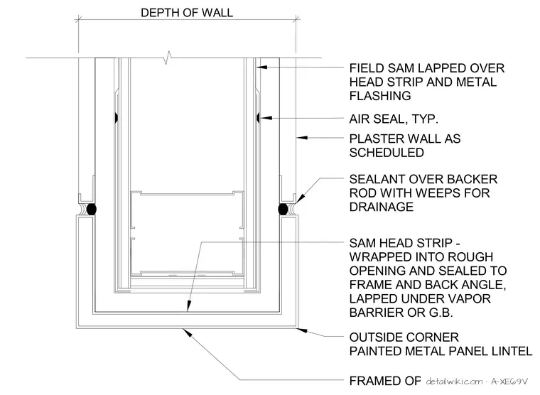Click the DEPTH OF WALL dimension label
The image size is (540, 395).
tap(187, 13)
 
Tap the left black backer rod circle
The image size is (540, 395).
tap(91, 209)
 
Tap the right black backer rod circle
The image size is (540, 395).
tap(283, 209)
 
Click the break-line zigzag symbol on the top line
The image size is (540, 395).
tap(168, 58)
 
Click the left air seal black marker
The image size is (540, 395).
tap(117, 118)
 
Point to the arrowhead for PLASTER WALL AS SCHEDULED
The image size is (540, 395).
tap(303, 138)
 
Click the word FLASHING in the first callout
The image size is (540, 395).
tap(380, 96)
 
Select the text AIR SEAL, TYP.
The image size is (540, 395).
tap(394, 119)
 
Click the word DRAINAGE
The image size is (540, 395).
tap(381, 207)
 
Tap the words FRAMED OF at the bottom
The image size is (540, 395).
tap(384, 381)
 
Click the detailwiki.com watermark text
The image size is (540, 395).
tap(454, 382)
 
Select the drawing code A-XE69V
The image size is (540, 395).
tap(509, 382)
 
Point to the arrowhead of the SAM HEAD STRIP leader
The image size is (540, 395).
tap(189, 305)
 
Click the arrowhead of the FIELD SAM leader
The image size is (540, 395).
tap(261, 67)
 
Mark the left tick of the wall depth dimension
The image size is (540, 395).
tap(79, 19)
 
